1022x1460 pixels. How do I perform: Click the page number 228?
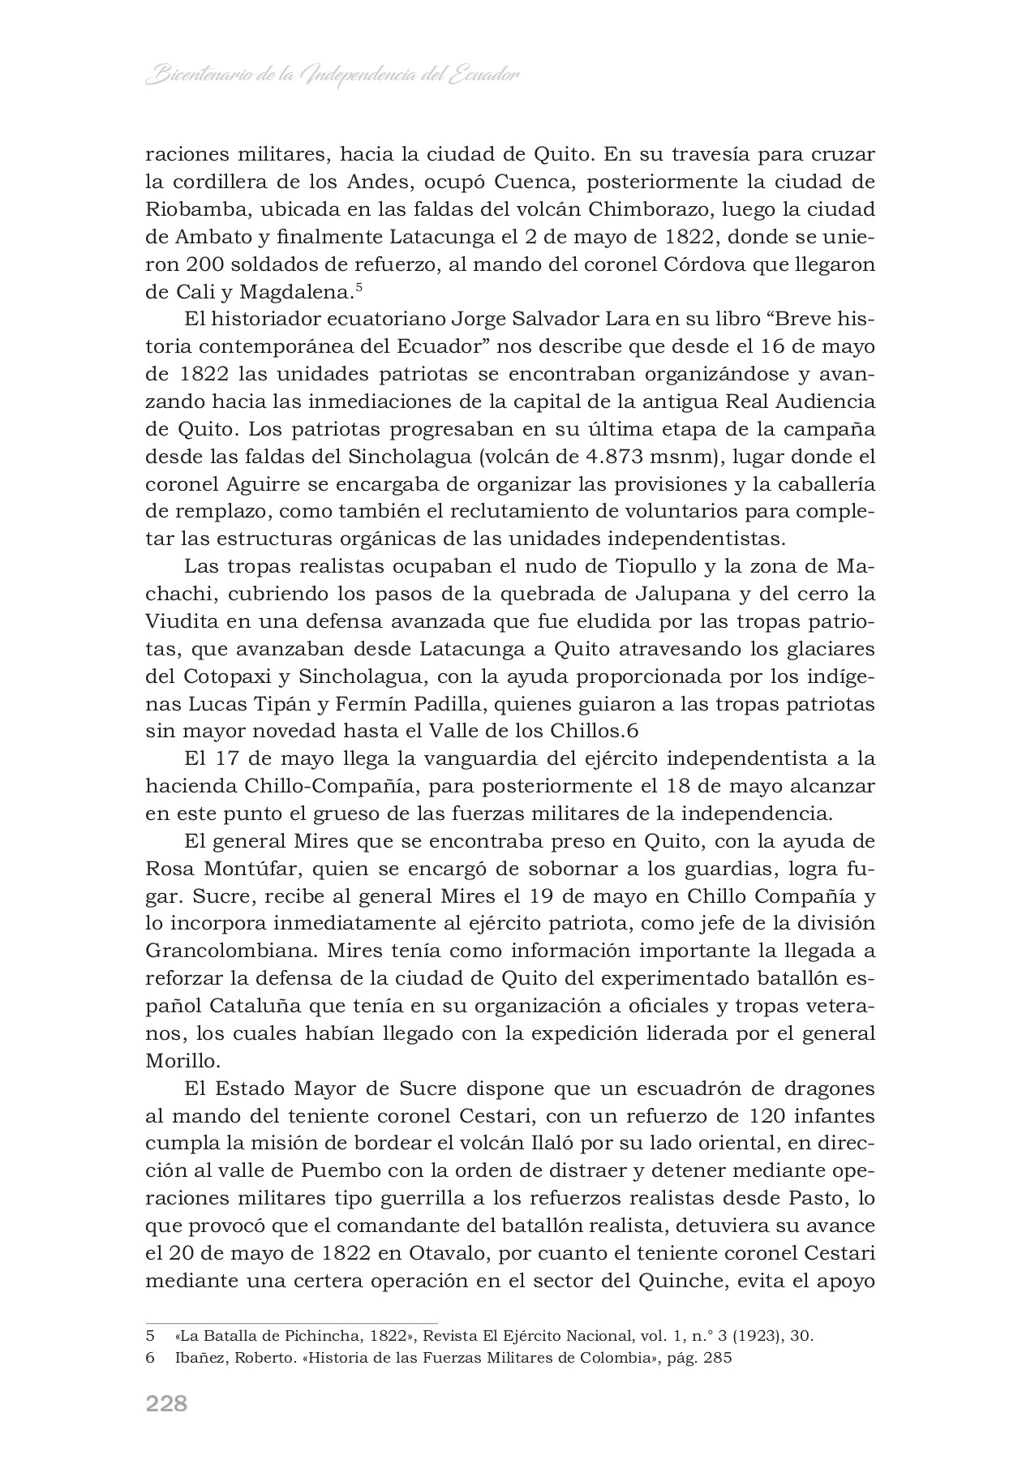click(166, 1403)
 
